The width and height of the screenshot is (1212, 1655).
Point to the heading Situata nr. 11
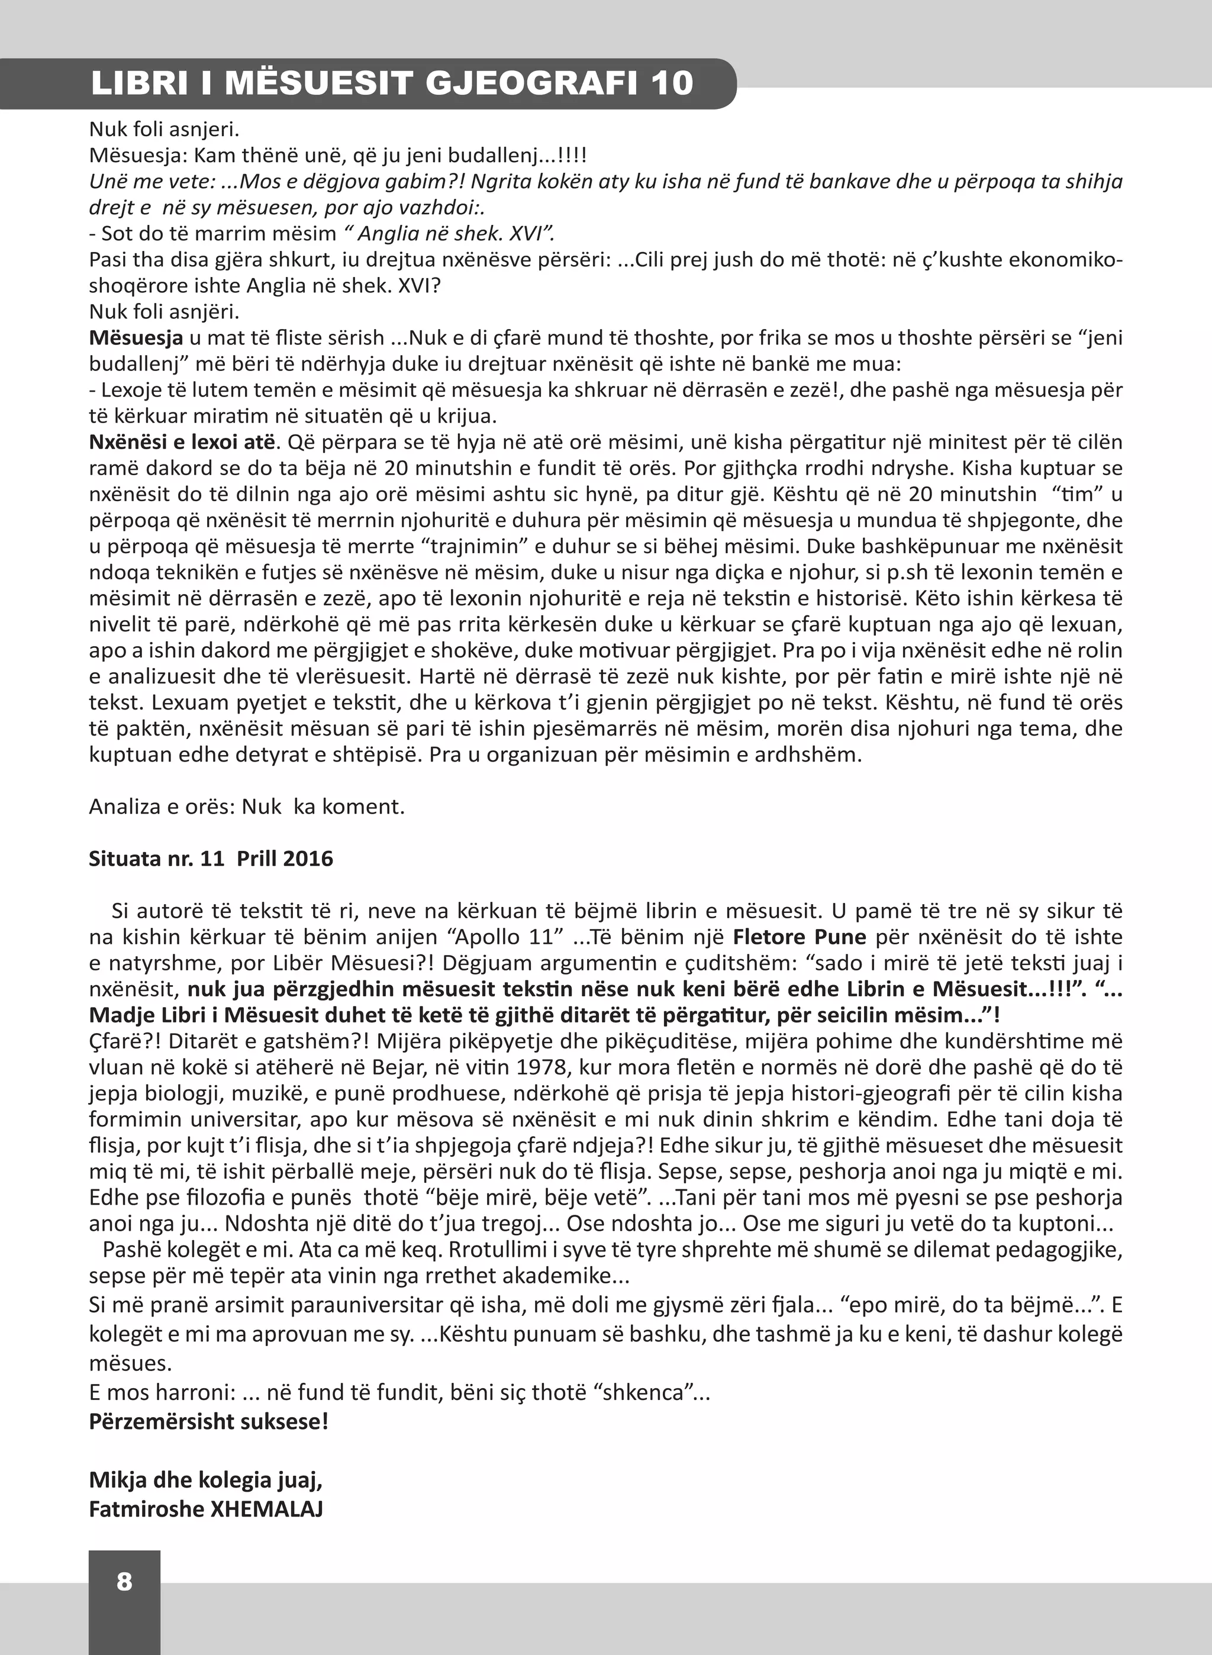156,859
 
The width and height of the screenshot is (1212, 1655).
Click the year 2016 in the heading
308,859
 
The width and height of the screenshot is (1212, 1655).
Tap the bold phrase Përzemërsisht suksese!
208,1421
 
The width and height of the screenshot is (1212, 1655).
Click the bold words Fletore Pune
800,937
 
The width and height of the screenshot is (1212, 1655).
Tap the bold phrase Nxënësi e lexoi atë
183,443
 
